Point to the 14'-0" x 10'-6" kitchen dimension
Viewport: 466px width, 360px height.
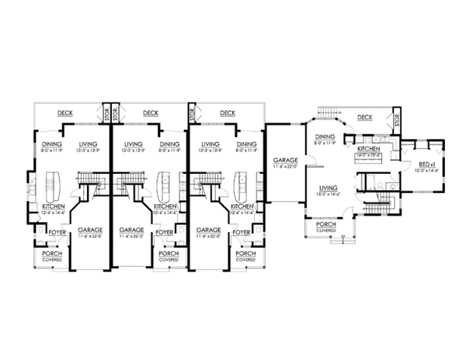click(x=367, y=154)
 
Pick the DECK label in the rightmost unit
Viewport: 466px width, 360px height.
click(x=365, y=117)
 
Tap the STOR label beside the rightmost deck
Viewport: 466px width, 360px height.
click(x=397, y=120)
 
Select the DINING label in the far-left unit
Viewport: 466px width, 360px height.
click(x=52, y=144)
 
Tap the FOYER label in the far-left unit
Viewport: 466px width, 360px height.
click(x=57, y=231)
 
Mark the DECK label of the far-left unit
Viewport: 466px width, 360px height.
click(x=65, y=113)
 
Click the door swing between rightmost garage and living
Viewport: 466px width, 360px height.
click(x=309, y=163)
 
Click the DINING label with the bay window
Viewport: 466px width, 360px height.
click(x=324, y=137)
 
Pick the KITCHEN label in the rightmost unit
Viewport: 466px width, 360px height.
click(x=367, y=147)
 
